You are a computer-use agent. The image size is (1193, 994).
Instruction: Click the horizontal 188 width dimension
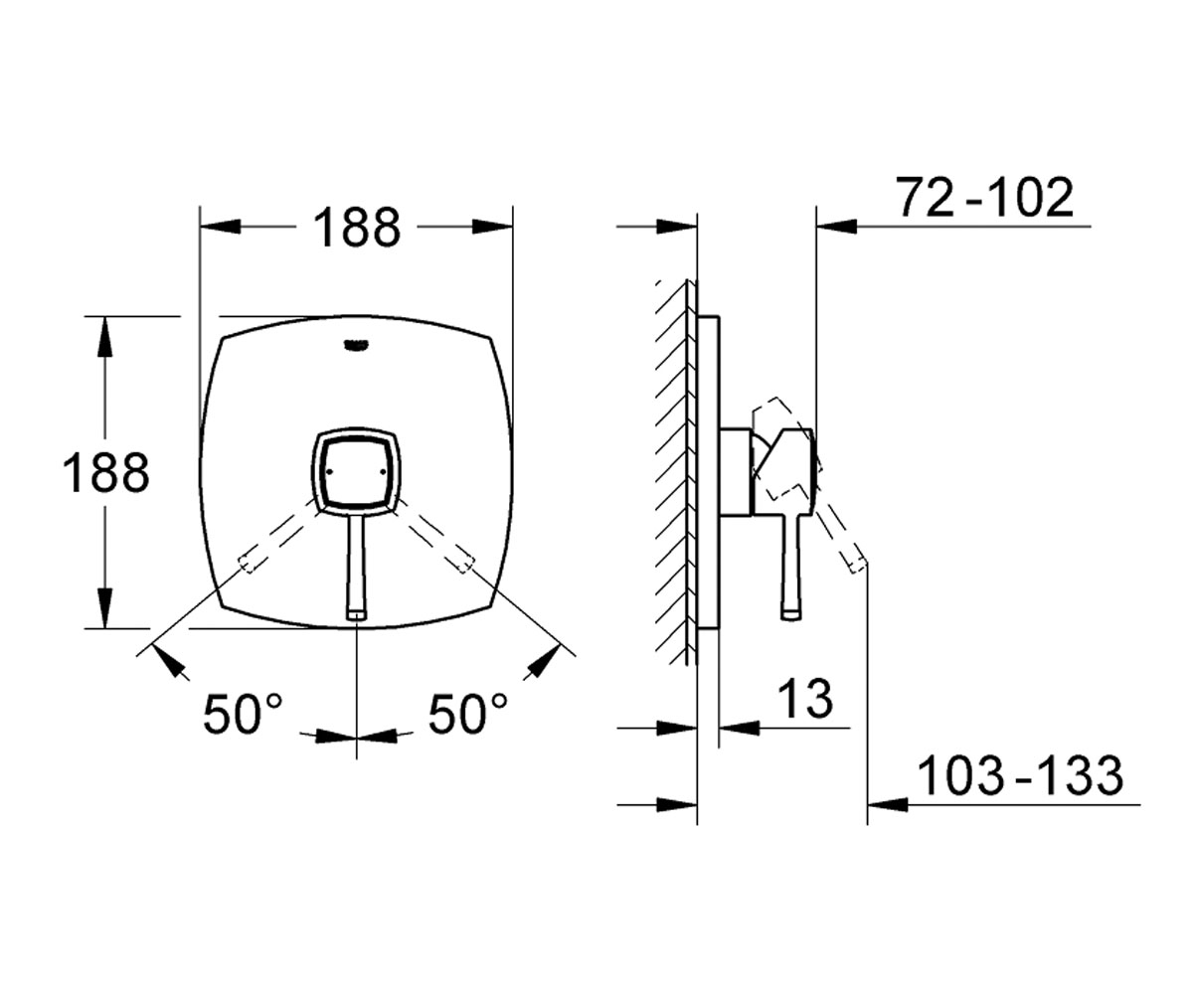coord(357,227)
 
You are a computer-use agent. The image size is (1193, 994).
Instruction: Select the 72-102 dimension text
coord(984,197)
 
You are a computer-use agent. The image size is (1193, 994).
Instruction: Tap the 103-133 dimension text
coord(1020,775)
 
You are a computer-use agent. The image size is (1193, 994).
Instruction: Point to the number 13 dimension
coord(805,699)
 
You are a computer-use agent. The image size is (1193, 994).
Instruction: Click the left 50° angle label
coord(243,713)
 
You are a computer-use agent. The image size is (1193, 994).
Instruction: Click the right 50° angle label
coord(467,713)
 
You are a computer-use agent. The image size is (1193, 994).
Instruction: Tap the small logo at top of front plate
coord(355,345)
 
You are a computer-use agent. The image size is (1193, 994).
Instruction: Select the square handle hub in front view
coord(357,471)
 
